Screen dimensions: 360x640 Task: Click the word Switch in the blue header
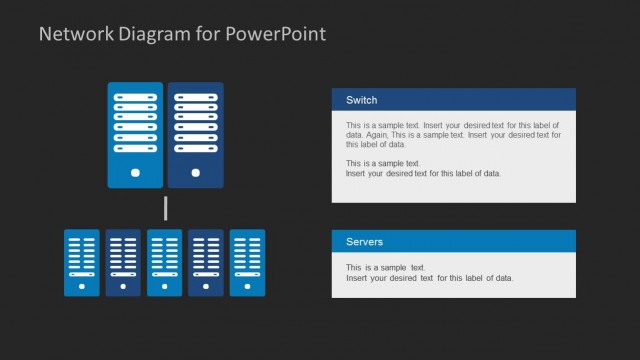tap(361, 100)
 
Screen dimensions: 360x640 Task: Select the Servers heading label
tap(364, 242)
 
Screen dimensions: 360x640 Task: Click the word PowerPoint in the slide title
tap(275, 34)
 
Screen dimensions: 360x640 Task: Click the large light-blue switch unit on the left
tap(135, 135)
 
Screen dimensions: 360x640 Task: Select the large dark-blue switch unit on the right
tap(195, 135)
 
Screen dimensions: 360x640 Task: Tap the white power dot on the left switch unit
tap(135, 172)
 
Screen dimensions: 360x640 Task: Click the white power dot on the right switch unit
tap(195, 172)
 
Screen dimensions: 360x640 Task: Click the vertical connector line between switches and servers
tap(165, 209)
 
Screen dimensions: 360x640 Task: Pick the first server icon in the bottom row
tap(82, 262)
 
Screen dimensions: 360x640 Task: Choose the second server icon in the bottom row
tap(123, 262)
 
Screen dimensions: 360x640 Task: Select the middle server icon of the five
tap(165, 262)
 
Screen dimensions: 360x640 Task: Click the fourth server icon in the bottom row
tap(206, 262)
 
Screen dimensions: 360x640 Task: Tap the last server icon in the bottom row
tap(247, 262)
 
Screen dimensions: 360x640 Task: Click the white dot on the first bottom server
tap(82, 285)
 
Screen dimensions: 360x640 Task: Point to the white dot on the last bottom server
tap(247, 285)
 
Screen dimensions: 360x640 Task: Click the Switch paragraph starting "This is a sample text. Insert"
tap(454, 134)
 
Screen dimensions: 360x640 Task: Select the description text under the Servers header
tap(429, 272)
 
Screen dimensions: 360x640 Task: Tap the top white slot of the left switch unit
tap(135, 96)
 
